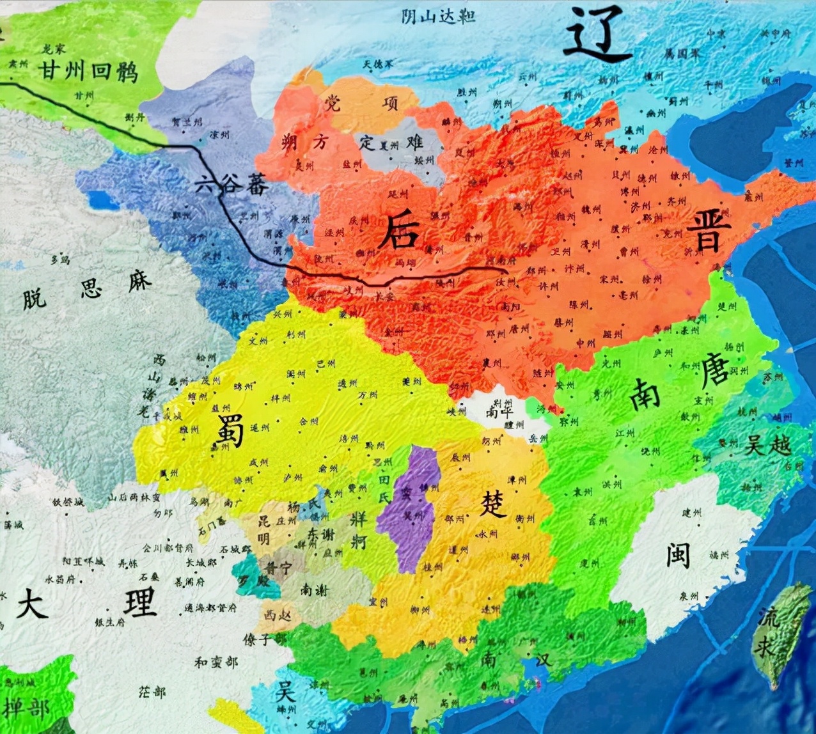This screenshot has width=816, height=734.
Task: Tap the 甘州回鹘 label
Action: (x=88, y=70)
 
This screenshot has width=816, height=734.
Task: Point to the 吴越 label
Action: (x=767, y=445)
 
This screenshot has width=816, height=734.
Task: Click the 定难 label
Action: (x=391, y=142)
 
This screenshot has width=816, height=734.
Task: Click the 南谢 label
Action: (x=314, y=591)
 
